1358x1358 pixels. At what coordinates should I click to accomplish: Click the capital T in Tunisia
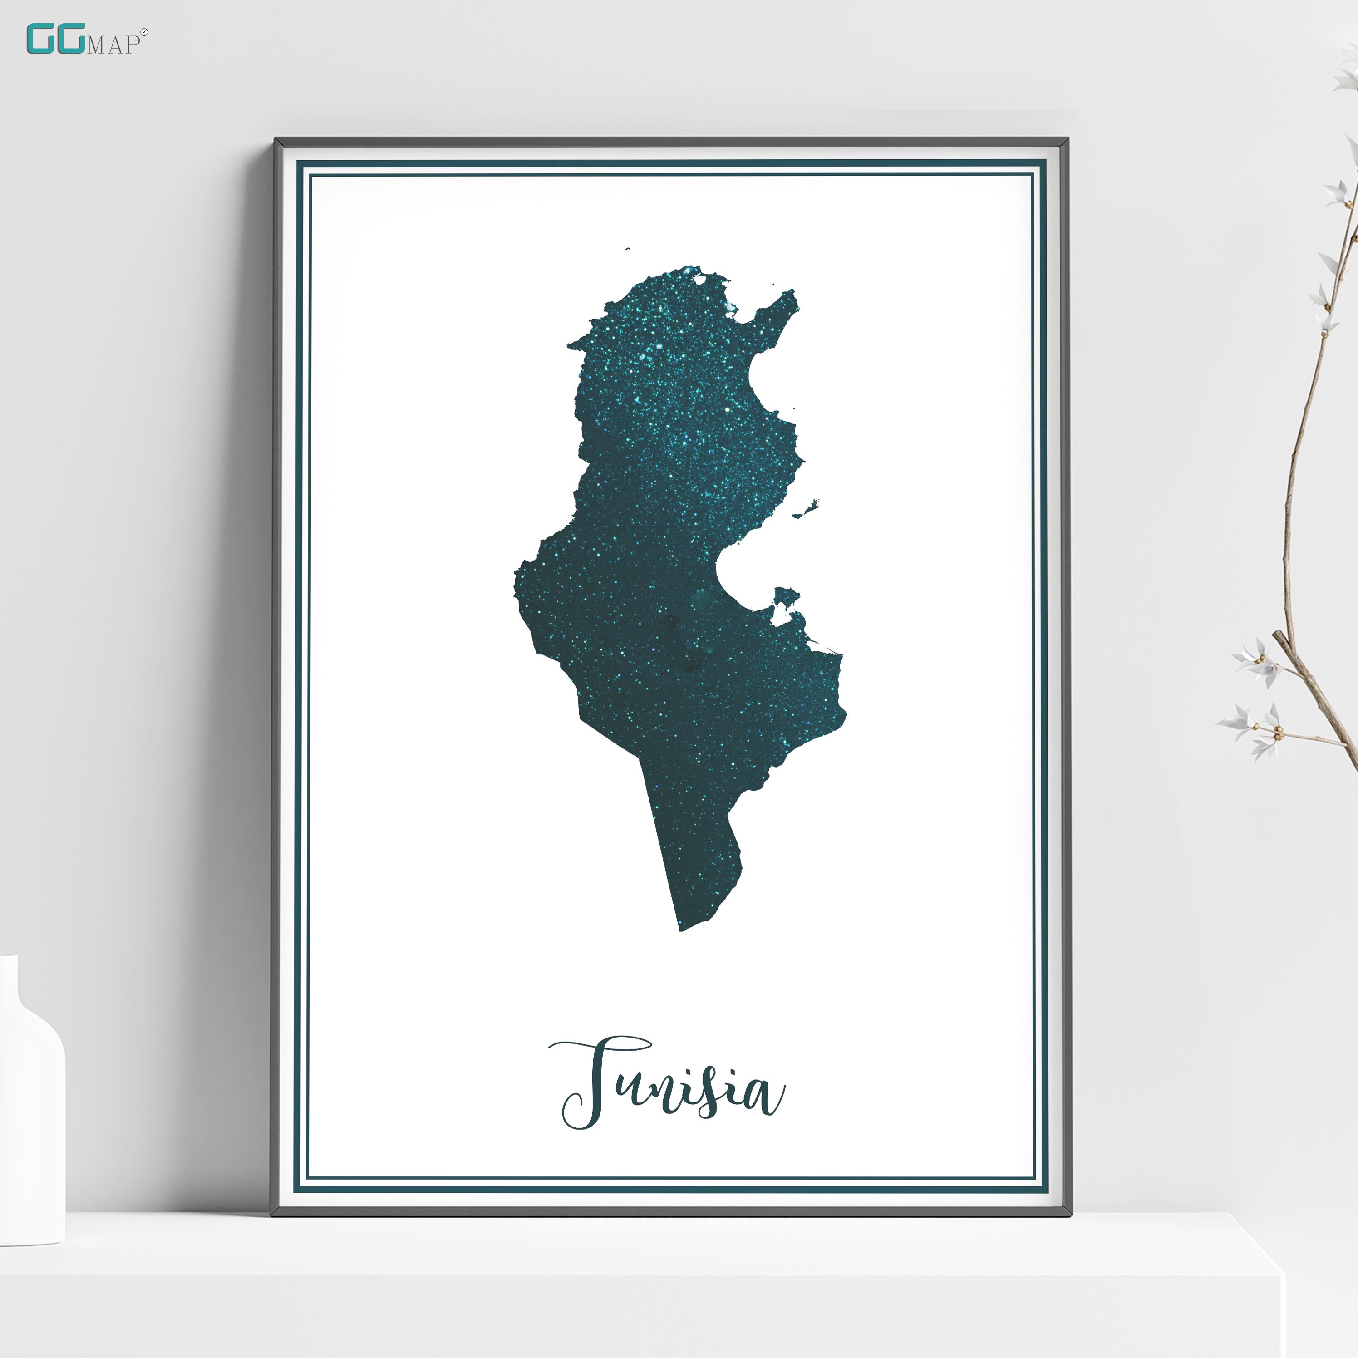click(597, 1082)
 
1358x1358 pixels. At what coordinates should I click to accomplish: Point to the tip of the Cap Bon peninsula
click(793, 292)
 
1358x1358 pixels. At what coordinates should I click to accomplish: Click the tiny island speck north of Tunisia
click(626, 248)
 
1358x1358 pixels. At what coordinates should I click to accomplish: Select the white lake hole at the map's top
click(699, 279)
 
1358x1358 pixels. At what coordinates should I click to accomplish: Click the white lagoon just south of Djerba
click(780, 619)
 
